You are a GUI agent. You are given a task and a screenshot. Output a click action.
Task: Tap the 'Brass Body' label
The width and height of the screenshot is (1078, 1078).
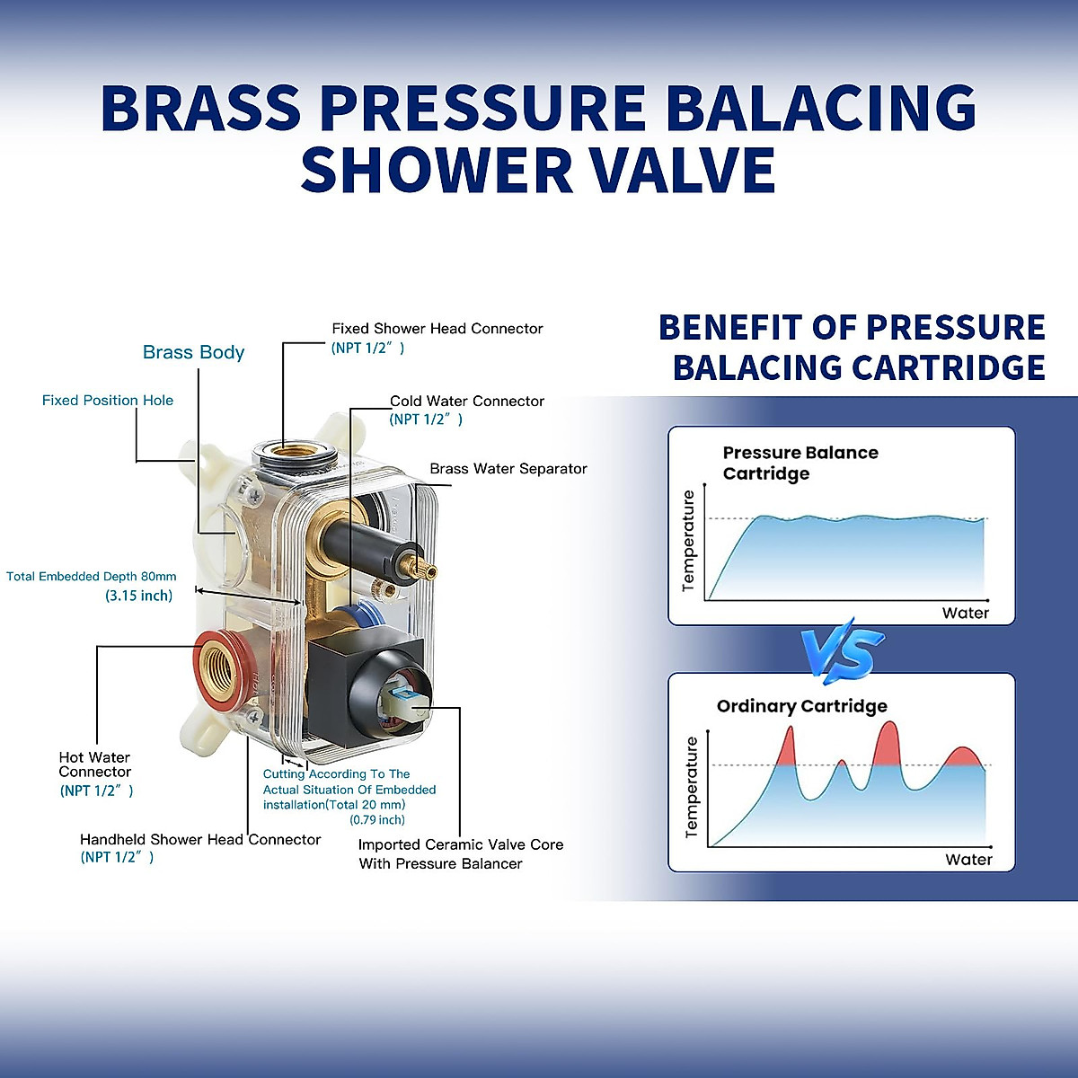pos(193,352)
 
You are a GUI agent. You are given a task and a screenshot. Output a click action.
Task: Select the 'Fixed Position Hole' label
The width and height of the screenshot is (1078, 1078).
pos(108,401)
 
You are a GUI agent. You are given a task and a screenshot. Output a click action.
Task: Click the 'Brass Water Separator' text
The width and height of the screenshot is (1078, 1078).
pos(508,469)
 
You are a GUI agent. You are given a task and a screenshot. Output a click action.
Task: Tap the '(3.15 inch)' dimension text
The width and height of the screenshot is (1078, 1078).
pos(138,596)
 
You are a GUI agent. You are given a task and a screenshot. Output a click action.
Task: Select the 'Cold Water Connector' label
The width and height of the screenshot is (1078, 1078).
pos(466,402)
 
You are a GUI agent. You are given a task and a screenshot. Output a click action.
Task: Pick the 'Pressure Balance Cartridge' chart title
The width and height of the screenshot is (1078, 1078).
pos(800,463)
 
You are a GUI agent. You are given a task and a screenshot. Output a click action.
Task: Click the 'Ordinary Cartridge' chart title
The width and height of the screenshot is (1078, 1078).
pos(801,706)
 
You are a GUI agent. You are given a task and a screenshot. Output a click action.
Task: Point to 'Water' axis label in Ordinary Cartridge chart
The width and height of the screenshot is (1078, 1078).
pos(968,860)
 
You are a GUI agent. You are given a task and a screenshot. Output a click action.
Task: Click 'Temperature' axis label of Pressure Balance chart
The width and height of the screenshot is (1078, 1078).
pos(689,540)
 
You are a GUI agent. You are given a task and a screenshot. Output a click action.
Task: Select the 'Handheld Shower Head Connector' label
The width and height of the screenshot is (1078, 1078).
pos(199,840)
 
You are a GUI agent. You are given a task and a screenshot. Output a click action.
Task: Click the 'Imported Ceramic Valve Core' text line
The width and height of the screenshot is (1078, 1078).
pos(460,844)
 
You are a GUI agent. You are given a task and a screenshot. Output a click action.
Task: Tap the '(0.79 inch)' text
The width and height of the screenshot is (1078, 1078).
pos(377,819)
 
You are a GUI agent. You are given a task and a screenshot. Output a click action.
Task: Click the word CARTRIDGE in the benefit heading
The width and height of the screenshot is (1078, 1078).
pos(948,367)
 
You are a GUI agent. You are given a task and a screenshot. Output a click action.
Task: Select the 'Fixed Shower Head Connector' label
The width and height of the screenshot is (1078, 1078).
pos(437,329)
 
